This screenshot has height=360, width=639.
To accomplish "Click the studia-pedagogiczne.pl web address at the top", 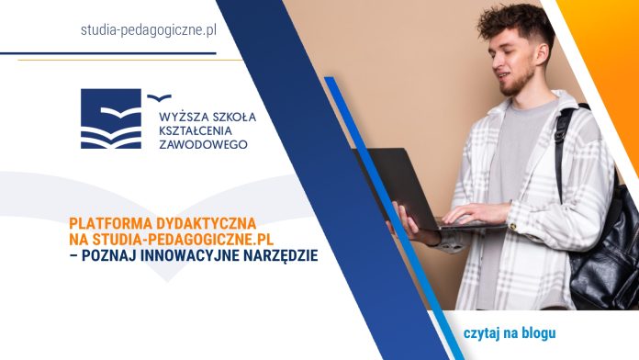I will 149,30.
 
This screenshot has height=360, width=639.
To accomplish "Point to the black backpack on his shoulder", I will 601,257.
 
